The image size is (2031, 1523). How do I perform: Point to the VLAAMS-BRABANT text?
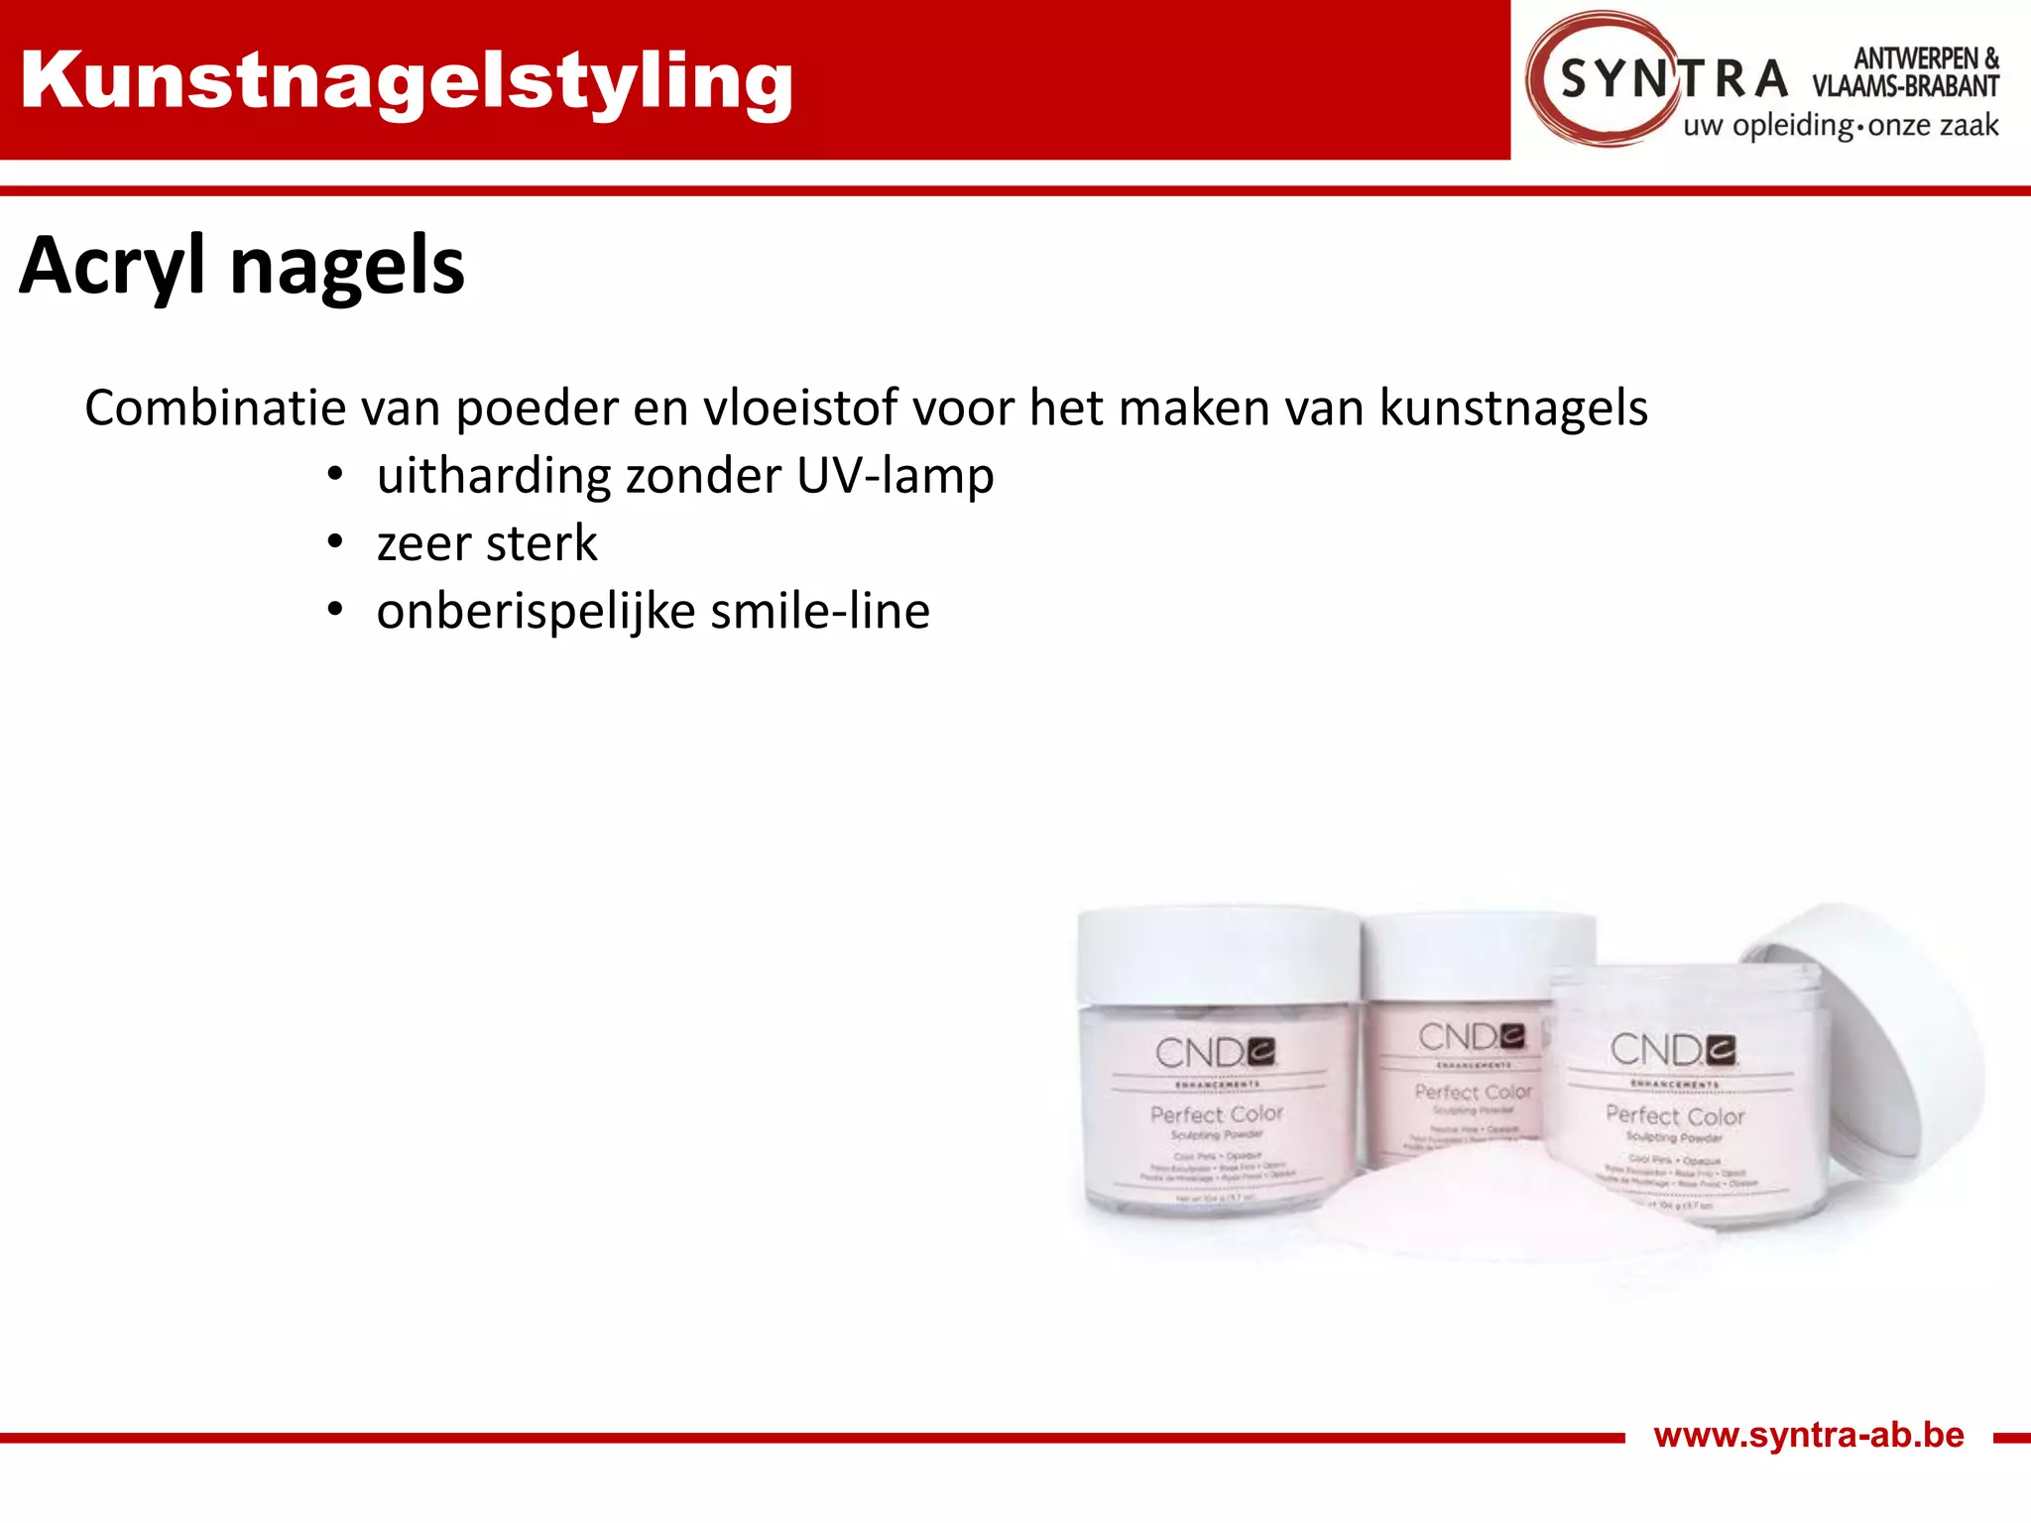tap(1905, 87)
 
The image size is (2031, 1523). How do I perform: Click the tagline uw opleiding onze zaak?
tap(1841, 126)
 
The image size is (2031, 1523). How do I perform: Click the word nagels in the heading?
tap(347, 266)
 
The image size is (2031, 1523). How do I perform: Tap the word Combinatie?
tap(214, 408)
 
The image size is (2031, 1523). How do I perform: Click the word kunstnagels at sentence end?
tap(1513, 408)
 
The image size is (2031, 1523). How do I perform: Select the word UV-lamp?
tap(895, 476)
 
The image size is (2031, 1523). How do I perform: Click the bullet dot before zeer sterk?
tap(335, 542)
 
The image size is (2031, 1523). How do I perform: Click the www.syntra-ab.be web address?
tap(1809, 1435)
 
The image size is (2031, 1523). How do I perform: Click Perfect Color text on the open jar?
tap(1675, 1115)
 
